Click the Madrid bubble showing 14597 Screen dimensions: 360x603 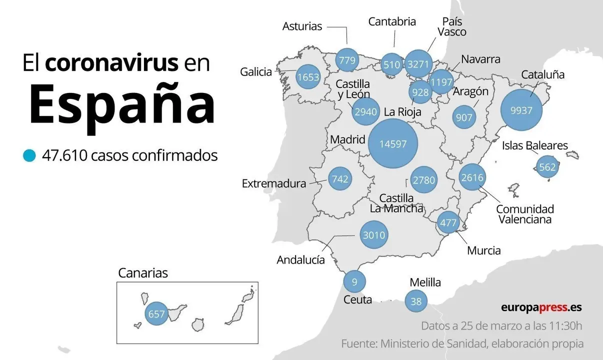392,144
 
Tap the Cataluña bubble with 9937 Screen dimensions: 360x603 521,110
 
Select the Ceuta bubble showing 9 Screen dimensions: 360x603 354,282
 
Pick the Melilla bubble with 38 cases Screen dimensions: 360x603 416,301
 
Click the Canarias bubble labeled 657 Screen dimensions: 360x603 156,314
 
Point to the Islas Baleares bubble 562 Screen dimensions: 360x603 547,167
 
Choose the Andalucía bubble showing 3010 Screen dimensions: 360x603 373,235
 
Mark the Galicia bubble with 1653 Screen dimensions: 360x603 307,77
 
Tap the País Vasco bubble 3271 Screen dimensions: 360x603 417,64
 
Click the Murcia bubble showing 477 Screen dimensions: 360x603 447,222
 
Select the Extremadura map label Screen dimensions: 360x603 273,183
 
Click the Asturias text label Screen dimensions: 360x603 302,26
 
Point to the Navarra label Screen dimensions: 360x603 480,59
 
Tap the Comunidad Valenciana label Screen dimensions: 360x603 524,214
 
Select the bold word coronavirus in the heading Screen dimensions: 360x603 111,63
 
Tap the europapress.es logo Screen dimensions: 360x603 541,307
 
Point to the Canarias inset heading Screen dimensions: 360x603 142,273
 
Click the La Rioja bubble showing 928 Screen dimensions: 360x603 420,92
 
